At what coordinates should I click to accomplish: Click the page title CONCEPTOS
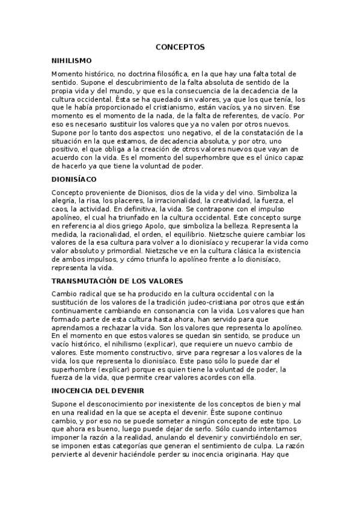[x=180, y=46]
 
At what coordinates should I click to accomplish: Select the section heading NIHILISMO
[x=72, y=61]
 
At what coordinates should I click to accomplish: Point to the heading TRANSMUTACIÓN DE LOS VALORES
[x=117, y=281]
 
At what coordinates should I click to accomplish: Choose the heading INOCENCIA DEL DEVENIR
[x=98, y=390]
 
